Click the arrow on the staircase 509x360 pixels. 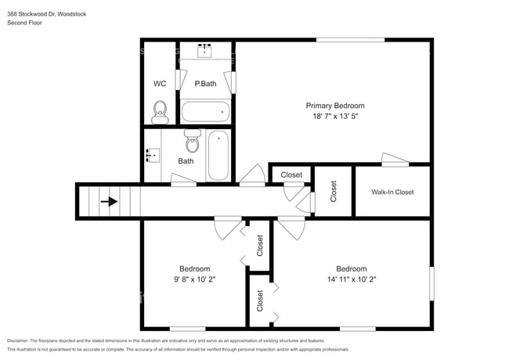109,201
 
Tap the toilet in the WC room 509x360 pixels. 160,110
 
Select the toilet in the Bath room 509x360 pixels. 192,142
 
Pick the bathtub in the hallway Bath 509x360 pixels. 218,155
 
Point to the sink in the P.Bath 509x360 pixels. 207,50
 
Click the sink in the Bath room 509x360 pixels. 152,155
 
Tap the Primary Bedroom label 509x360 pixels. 334,106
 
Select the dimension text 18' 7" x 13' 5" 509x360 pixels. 334,117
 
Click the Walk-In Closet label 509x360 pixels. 392,192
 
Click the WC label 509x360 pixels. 159,84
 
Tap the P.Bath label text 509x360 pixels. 205,84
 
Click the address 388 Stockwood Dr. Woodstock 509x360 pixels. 47,13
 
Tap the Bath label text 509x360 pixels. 186,161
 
